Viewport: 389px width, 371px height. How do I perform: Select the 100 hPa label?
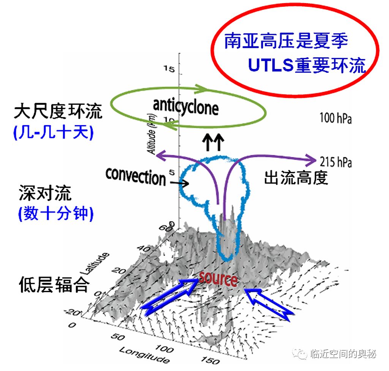coord(335,119)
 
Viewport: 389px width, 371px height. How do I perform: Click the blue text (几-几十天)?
coord(53,133)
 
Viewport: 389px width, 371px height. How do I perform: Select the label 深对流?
coord(45,194)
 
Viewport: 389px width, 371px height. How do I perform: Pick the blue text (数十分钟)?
coord(55,214)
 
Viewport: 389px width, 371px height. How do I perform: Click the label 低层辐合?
coord(54,285)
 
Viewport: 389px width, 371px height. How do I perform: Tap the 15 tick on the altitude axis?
coord(168,69)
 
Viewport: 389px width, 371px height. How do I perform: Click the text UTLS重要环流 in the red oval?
coord(307,65)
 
